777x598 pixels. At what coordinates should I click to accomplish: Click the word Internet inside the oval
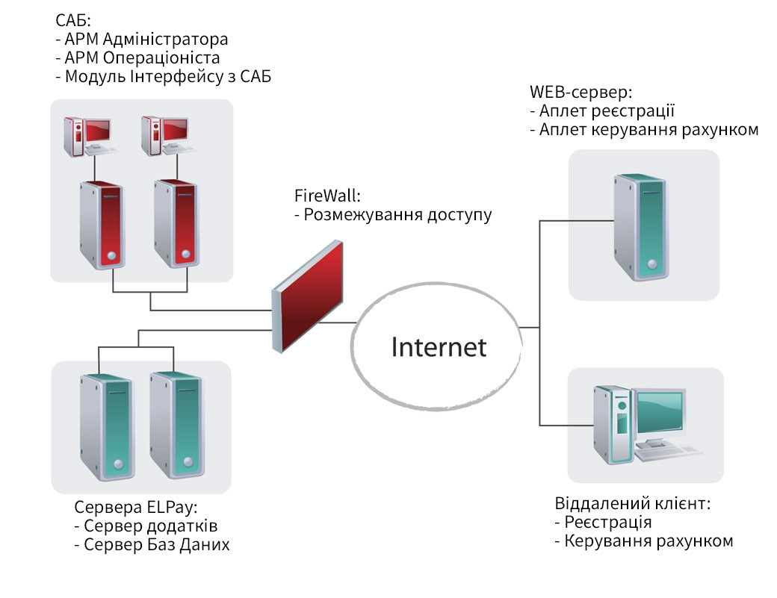(439, 347)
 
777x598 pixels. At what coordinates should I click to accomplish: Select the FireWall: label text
(327, 196)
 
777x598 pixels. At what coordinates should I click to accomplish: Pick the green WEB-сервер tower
(640, 226)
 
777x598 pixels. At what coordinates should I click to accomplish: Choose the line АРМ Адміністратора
(146, 40)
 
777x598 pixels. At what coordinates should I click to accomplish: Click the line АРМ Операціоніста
(142, 57)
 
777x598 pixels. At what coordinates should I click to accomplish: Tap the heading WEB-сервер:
(581, 93)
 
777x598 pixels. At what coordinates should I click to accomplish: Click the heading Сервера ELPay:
(135, 508)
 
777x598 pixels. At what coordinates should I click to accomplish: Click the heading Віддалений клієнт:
(632, 503)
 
